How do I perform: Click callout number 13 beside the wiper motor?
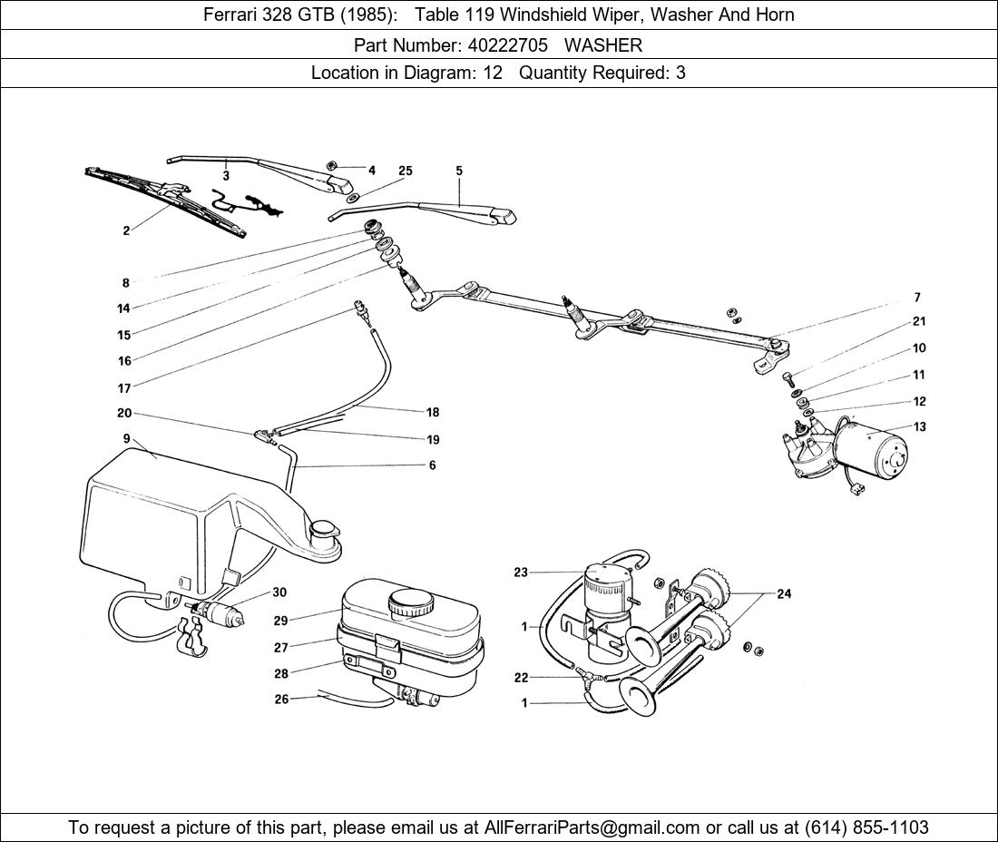pos(919,427)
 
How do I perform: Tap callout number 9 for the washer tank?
pos(127,439)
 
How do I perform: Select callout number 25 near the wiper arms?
pos(405,171)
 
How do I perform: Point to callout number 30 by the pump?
pos(279,592)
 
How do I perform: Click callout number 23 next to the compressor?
pos(520,573)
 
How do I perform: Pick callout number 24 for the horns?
pos(783,594)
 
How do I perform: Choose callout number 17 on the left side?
pos(124,388)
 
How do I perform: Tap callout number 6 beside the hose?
pos(432,465)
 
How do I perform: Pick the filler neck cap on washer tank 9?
pos(322,529)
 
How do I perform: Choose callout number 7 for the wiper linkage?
pos(917,298)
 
